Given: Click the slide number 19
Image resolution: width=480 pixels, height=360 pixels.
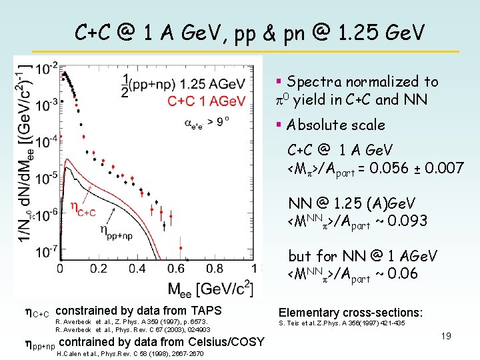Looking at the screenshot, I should click(446, 336).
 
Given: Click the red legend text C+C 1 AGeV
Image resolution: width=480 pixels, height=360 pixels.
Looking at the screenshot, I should click(207, 101).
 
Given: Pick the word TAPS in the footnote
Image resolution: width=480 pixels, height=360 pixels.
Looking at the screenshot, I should click(206, 310).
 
